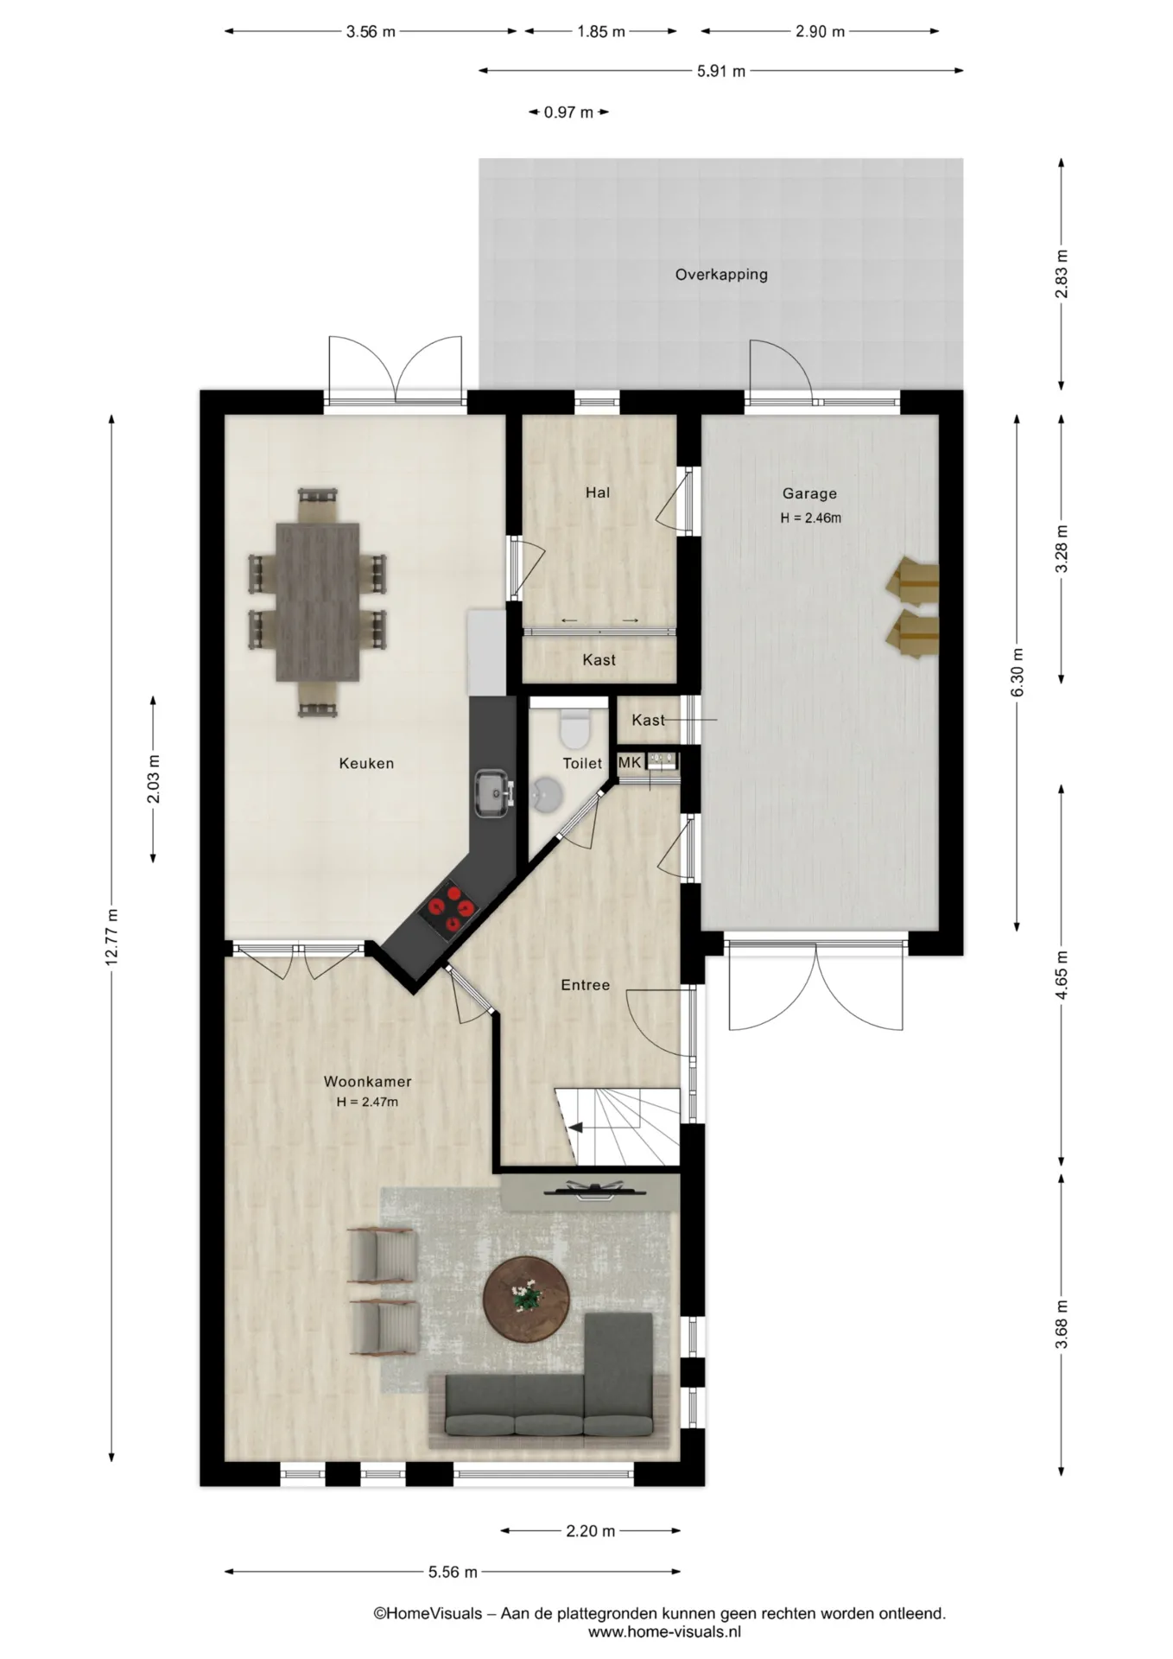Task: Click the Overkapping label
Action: click(x=721, y=275)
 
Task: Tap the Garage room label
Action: click(x=809, y=493)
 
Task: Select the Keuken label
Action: click(x=366, y=763)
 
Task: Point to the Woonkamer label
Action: click(x=367, y=1081)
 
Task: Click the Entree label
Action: click(x=585, y=985)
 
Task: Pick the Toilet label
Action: click(x=582, y=763)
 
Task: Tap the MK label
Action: click(x=630, y=762)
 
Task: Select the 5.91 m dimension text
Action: click(x=721, y=71)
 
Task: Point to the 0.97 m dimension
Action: click(x=568, y=112)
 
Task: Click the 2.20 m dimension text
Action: click(x=591, y=1531)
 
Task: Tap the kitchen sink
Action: click(x=494, y=792)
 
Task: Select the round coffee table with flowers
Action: click(x=525, y=1298)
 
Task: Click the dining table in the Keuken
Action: click(x=318, y=601)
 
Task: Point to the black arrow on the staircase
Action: click(x=574, y=1127)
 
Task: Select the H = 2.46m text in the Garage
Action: click(x=810, y=518)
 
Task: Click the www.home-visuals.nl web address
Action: click(x=664, y=1632)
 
